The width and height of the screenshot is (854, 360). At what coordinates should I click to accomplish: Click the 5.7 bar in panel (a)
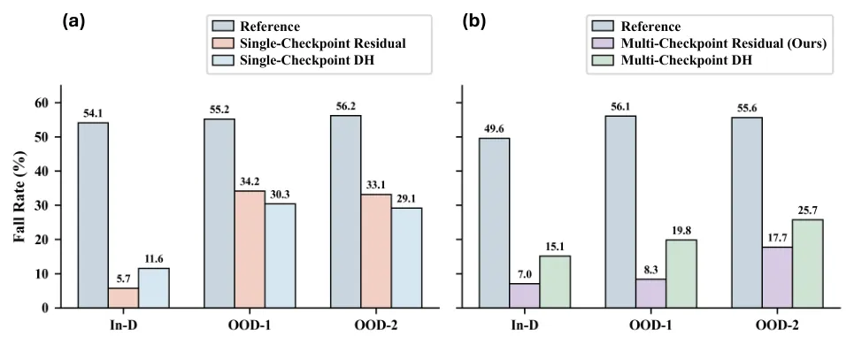(x=123, y=298)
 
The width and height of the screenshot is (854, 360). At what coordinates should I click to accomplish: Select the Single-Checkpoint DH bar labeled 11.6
(x=154, y=288)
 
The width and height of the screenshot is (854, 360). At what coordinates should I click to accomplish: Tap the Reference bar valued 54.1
(x=93, y=215)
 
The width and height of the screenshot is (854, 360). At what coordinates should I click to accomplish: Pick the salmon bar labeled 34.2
(x=250, y=249)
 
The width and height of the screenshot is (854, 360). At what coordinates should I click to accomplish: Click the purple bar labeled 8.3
(x=650, y=294)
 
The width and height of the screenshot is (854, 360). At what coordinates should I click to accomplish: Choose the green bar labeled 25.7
(x=808, y=264)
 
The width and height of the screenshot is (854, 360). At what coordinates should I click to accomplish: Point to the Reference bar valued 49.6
(x=494, y=223)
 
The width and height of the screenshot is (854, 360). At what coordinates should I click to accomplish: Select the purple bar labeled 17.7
(x=777, y=278)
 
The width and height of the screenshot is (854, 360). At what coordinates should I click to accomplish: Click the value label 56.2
(x=345, y=106)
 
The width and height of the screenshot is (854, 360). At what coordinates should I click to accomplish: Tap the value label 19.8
(x=681, y=230)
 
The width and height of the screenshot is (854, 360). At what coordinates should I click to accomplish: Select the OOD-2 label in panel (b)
(x=777, y=326)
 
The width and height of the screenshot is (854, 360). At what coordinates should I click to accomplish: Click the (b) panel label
(x=473, y=22)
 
